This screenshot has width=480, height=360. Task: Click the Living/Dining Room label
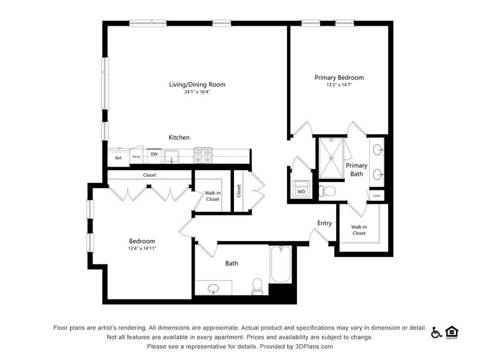(197, 84)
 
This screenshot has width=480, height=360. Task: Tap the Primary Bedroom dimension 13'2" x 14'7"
(339, 85)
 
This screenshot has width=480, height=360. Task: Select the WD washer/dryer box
(301, 190)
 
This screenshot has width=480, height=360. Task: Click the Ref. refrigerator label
(118, 158)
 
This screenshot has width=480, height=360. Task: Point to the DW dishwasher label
(154, 154)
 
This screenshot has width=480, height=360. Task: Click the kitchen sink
(172, 156)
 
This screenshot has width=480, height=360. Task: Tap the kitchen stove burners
(203, 156)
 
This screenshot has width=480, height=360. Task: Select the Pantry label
(136, 157)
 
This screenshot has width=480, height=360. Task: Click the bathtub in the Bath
(280, 264)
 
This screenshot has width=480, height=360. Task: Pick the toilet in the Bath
(257, 285)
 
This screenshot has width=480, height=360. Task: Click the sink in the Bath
(213, 288)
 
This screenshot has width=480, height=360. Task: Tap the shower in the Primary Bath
(331, 158)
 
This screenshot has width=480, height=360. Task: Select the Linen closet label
(377, 196)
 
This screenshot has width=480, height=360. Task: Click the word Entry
(324, 223)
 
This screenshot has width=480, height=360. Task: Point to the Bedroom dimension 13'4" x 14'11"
(141, 249)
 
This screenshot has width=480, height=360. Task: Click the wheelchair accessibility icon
(437, 332)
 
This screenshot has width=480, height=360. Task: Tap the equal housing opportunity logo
(452, 332)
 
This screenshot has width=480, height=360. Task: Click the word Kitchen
(179, 137)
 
